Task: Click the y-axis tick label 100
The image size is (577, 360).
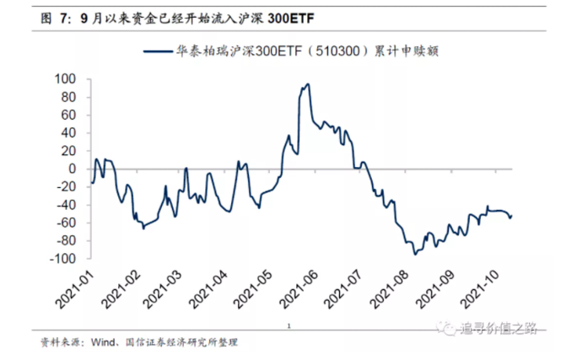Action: tap(65, 78)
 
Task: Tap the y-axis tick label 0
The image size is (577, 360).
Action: tap(72, 169)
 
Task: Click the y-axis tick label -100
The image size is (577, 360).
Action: tap(62, 259)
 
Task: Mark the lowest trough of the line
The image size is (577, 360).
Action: tap(414, 254)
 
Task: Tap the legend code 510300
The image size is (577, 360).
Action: tap(316, 53)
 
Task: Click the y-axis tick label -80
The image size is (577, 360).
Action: tap(65, 241)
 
